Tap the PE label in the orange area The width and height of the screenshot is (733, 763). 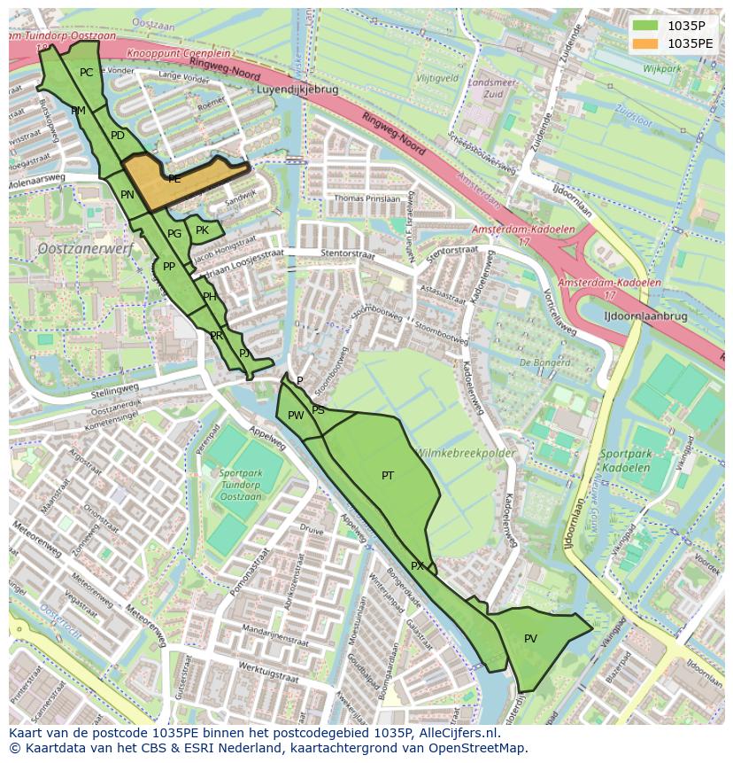point(174,179)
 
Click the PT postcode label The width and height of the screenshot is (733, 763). point(388,476)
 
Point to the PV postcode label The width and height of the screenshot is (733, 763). point(530,638)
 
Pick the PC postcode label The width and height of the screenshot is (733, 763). point(86,73)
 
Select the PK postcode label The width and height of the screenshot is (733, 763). point(202,230)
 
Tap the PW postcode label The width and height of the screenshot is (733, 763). point(296,416)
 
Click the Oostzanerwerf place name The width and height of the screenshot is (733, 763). point(85,250)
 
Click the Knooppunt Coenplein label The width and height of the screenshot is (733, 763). point(178,53)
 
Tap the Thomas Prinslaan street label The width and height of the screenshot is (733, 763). point(367,199)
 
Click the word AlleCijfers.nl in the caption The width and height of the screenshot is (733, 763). point(459,733)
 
